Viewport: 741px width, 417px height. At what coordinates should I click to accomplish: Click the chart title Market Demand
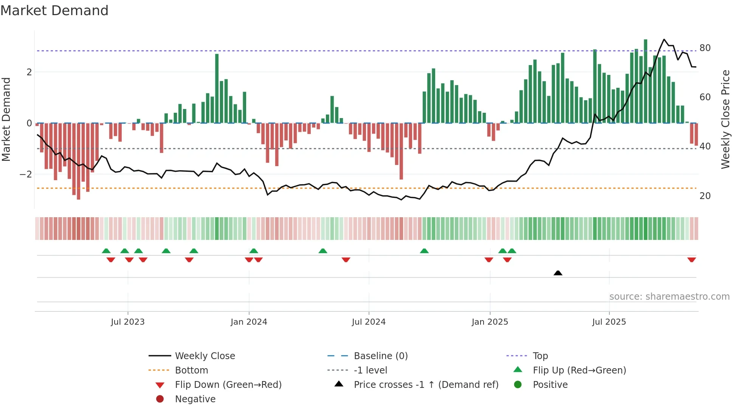pos(54,11)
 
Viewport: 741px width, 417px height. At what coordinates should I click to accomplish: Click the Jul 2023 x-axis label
pos(127,322)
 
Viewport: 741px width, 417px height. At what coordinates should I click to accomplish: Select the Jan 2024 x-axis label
pos(249,322)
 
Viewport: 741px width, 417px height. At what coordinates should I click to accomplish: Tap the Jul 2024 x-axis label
pos(369,322)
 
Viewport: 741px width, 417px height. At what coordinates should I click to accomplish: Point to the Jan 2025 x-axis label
pos(490,322)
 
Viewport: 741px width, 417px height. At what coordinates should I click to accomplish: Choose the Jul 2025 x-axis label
pos(609,322)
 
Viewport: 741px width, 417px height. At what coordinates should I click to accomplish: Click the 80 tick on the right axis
pos(705,48)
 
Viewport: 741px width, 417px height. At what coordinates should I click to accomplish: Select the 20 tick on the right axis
pos(705,196)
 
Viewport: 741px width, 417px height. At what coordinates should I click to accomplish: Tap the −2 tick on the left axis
pos(26,174)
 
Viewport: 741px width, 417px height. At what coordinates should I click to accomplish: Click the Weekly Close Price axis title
pos(725,119)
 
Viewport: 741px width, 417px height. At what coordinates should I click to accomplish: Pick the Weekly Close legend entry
pos(205,356)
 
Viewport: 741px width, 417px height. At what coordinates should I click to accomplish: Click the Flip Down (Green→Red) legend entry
pos(228,385)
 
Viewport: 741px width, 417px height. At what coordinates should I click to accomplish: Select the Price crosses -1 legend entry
pos(426,385)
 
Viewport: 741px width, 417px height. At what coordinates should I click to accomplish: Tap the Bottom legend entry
pos(191,370)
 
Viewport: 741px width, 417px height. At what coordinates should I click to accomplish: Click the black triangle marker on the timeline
pos(558,273)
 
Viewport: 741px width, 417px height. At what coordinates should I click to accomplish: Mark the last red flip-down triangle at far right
pos(691,260)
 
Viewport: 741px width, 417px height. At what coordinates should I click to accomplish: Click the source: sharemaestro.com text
pos(669,297)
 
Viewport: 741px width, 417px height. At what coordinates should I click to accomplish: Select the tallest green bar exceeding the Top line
pos(645,81)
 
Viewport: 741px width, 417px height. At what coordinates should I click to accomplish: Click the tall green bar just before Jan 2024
pos(217,89)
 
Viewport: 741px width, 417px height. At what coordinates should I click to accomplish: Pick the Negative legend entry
pos(195,399)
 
